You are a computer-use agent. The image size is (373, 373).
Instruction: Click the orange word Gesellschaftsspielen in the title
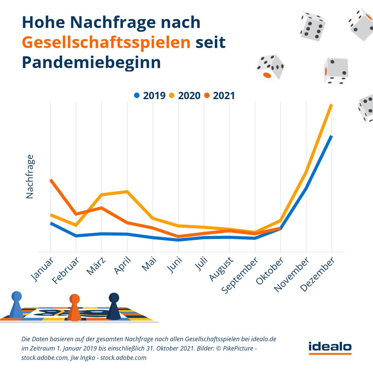(x=106, y=43)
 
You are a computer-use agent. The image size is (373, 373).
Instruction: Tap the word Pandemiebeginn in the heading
(x=91, y=63)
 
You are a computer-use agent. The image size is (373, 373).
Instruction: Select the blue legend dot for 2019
(x=137, y=95)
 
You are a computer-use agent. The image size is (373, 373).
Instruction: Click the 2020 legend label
(x=189, y=96)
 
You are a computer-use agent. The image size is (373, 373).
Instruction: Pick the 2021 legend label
(x=224, y=96)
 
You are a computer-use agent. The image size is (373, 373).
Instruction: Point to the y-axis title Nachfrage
(x=30, y=176)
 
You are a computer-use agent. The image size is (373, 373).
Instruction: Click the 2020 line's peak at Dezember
(x=331, y=105)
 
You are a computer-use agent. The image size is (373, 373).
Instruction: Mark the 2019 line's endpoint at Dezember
(x=331, y=136)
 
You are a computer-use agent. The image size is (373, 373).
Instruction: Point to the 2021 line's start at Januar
(x=51, y=180)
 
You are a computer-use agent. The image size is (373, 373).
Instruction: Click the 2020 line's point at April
(x=127, y=191)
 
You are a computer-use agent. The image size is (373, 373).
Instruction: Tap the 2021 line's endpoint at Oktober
(x=280, y=228)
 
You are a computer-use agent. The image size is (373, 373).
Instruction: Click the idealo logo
(x=330, y=347)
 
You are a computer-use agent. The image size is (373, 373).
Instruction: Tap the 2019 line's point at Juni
(x=178, y=240)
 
